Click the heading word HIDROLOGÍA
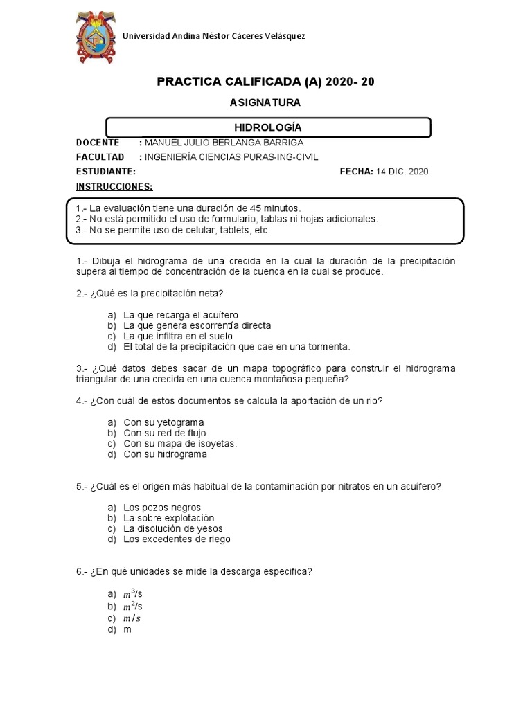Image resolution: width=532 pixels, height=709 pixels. (x=267, y=128)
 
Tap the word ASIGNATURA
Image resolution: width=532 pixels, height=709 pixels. (x=265, y=102)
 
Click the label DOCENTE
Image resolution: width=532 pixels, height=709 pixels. (x=98, y=143)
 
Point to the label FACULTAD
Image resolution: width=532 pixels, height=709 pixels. (x=100, y=157)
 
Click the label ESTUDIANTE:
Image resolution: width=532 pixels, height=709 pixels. (x=106, y=172)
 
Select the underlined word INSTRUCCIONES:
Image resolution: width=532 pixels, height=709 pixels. (x=114, y=187)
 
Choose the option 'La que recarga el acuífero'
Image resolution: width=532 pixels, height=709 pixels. (x=181, y=314)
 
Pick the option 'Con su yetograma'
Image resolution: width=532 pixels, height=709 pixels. (x=163, y=422)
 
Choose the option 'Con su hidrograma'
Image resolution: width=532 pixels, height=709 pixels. (x=165, y=455)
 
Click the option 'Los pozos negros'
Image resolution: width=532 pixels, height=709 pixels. (x=162, y=507)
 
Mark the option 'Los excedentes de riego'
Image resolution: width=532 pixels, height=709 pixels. (x=177, y=539)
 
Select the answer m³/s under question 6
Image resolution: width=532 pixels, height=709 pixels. (x=133, y=594)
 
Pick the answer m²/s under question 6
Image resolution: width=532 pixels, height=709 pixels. (x=133, y=607)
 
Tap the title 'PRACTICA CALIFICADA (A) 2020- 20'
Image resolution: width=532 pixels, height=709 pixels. (x=265, y=82)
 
